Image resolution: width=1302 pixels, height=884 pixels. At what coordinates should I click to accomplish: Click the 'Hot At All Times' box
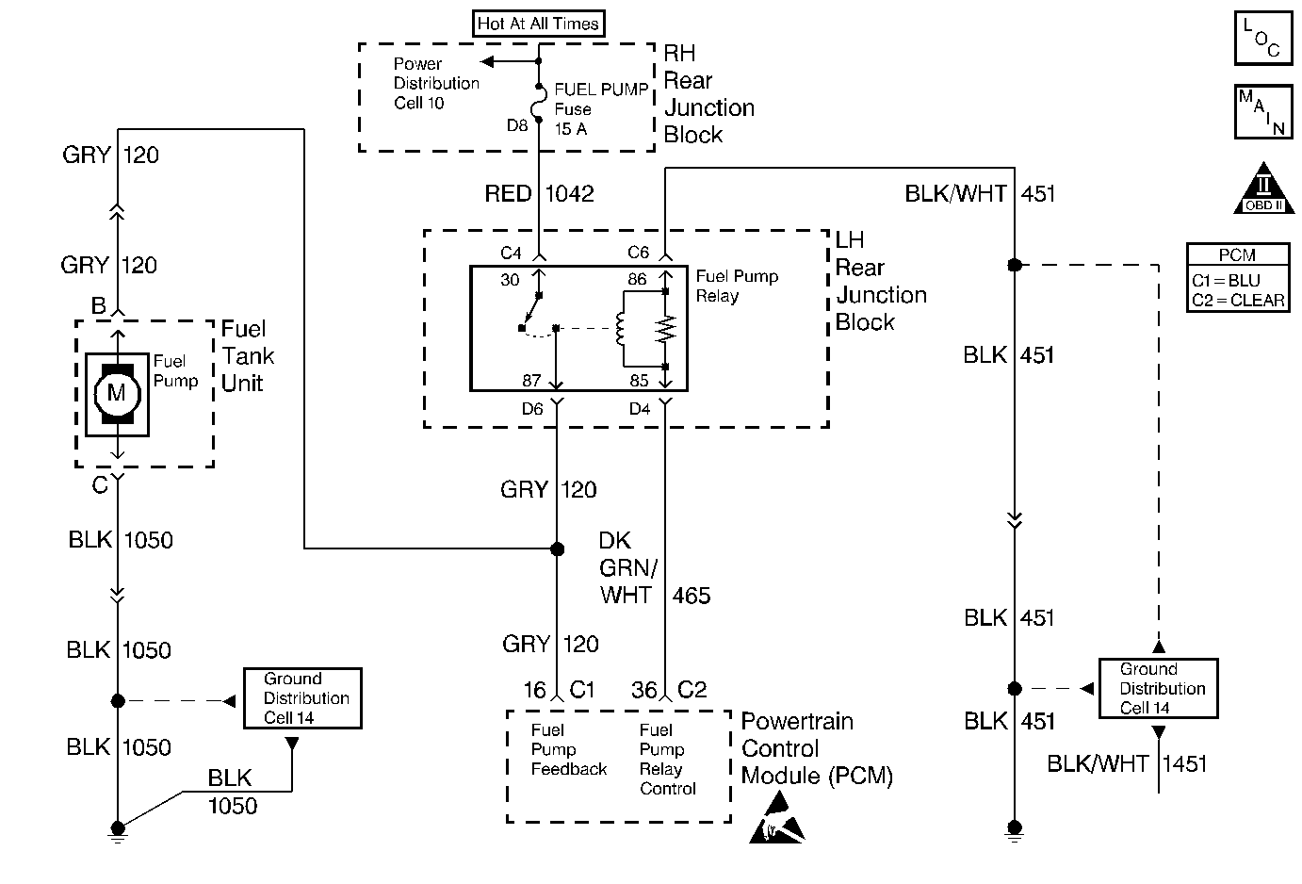[x=538, y=24]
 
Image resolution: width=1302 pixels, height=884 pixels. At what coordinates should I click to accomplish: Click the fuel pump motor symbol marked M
[x=117, y=392]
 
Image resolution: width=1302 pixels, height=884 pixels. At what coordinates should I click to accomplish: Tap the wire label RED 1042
[x=539, y=194]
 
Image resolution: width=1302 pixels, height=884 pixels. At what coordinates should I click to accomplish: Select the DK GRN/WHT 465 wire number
[x=691, y=596]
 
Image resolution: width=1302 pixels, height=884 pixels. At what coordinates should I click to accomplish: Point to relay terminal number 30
[x=510, y=281]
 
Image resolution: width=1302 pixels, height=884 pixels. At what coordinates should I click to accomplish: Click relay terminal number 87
[x=531, y=381]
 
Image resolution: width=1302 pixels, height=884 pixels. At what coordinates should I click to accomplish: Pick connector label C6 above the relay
[x=639, y=253]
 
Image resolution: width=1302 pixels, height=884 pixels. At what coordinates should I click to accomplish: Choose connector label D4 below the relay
[x=640, y=409]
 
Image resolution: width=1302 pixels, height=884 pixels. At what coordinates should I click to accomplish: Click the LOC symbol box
[x=1261, y=39]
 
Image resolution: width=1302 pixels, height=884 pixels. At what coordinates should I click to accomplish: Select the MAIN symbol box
[x=1261, y=111]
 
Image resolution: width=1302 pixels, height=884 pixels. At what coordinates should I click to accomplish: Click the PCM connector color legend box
[x=1237, y=278]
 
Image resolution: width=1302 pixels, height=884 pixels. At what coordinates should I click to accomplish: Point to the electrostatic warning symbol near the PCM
[x=777, y=817]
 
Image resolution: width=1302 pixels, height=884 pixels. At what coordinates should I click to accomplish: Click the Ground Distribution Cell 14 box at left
[x=302, y=698]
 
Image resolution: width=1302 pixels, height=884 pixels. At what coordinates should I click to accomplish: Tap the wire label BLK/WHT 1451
[x=1127, y=764]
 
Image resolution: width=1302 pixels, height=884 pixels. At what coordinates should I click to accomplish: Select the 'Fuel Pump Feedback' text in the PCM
[x=568, y=750]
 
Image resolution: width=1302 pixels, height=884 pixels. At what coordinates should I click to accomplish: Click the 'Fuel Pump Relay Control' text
[x=667, y=760]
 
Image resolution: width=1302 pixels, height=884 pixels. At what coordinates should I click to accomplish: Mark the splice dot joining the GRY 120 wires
[x=557, y=548]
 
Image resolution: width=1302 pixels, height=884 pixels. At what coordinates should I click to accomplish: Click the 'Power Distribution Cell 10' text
[x=435, y=83]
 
